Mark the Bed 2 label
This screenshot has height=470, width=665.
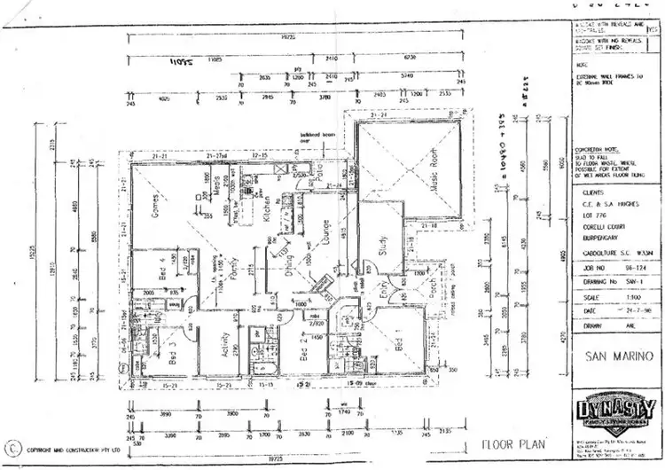pos(302,354)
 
